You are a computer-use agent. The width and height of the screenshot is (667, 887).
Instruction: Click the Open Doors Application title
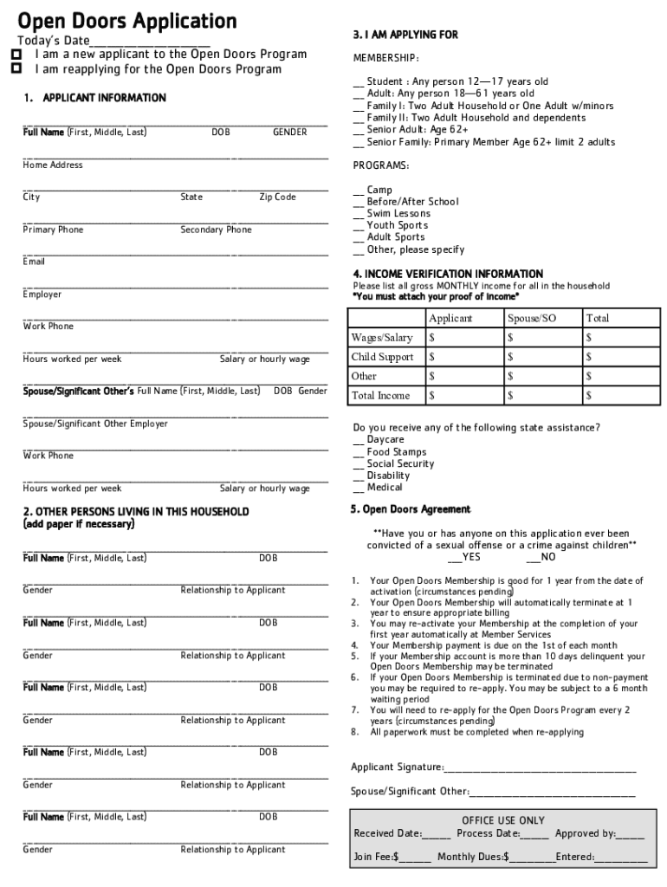[x=127, y=21]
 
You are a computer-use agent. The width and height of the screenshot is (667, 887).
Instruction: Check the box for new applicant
[x=16, y=55]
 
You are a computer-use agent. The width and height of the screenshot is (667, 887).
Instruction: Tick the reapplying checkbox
[x=16, y=69]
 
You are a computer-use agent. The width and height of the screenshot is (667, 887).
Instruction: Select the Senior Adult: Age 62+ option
[x=359, y=130]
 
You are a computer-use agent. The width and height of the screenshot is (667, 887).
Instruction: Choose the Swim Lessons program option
[x=359, y=214]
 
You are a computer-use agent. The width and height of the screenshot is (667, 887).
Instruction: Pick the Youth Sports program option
[x=359, y=226]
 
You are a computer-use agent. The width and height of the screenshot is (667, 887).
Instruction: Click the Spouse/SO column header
[x=532, y=319]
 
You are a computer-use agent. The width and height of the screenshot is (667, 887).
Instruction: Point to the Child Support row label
[x=382, y=357]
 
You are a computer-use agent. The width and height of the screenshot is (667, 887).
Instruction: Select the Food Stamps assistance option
[x=359, y=452]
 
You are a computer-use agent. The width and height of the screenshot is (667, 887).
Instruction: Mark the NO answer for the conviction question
[x=535, y=558]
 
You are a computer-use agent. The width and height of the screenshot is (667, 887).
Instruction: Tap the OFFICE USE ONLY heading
[x=503, y=820]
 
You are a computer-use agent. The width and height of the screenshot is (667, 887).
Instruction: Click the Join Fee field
[x=415, y=858]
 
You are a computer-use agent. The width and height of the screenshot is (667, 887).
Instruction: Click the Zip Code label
[x=277, y=197]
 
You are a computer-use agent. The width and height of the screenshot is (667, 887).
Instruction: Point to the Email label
[x=34, y=262]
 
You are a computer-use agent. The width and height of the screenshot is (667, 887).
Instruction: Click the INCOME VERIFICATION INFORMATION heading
[x=448, y=274]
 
